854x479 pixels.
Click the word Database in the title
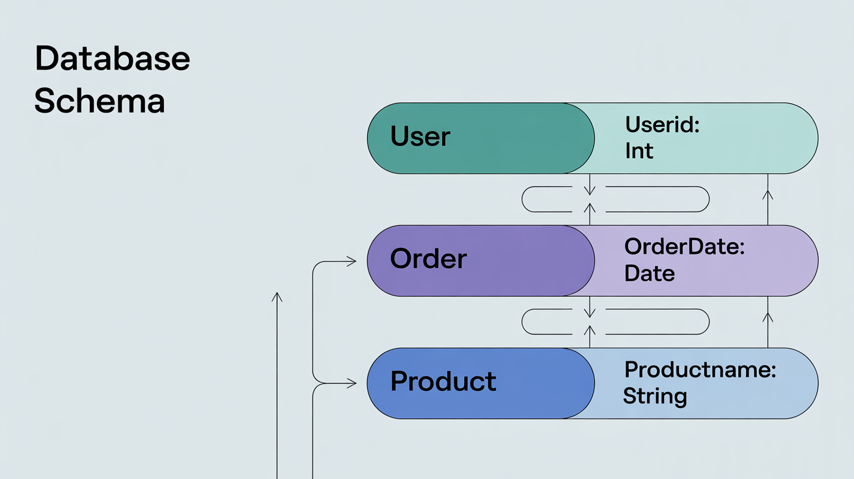pos(112,59)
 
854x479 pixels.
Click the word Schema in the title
pos(99,102)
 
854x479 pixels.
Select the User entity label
pos(420,137)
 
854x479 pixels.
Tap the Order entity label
pos(428,259)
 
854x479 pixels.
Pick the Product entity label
pos(443,381)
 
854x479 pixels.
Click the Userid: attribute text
pos(662,124)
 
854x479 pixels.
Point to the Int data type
pos(639,151)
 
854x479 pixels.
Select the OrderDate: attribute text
pos(684,247)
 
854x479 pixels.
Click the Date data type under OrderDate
pos(649,273)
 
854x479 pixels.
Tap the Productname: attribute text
pos(700,369)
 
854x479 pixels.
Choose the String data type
pos(655,396)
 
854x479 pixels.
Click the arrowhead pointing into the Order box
pos(352,262)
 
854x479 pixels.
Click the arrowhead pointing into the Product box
pos(352,384)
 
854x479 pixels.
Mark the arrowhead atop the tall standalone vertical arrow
pos(277,297)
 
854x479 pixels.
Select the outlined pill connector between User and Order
pos(615,199)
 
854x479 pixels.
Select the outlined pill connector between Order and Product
pos(615,322)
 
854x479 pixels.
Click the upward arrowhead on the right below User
pos(767,193)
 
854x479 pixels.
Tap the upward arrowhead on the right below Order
pos(767,316)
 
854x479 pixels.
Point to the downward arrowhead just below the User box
pos(590,191)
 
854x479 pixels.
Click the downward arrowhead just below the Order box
pos(590,313)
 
